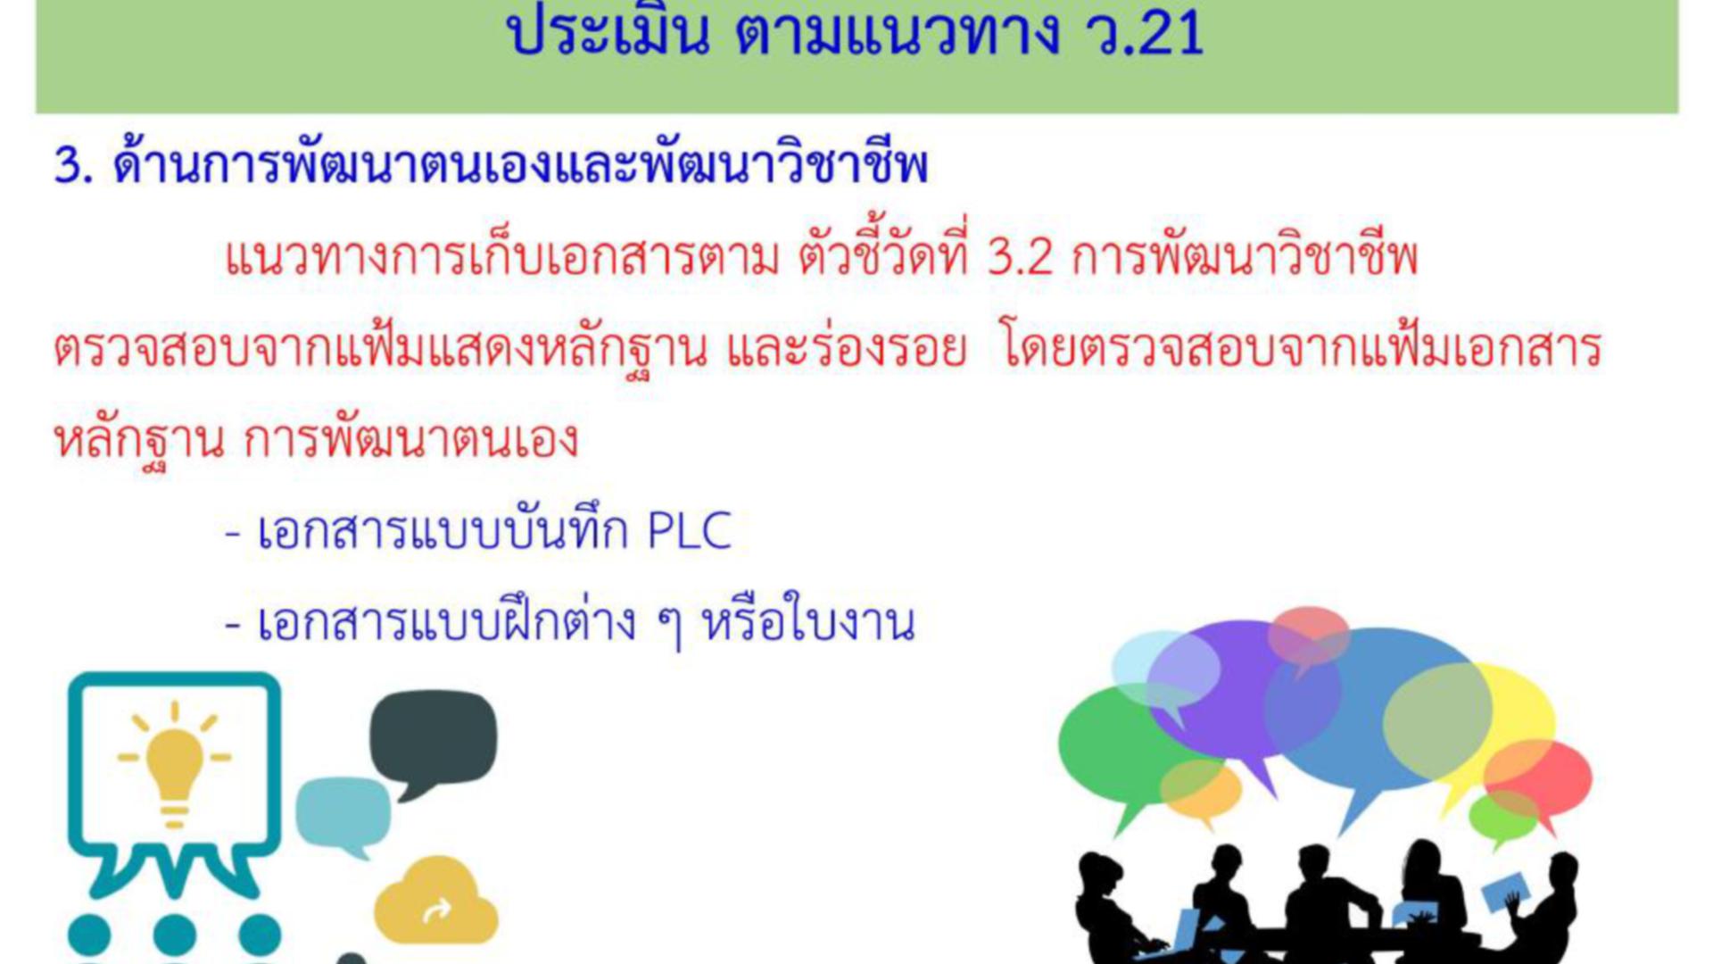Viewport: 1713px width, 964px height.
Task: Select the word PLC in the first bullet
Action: pyautogui.click(x=689, y=531)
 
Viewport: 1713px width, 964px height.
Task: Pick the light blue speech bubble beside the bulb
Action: pyautogui.click(x=343, y=816)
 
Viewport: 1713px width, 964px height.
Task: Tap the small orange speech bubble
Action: pyautogui.click(x=1201, y=791)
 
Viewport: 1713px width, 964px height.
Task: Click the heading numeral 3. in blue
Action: pyautogui.click(x=74, y=166)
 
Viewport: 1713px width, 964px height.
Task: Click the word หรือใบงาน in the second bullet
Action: pyautogui.click(x=809, y=623)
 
